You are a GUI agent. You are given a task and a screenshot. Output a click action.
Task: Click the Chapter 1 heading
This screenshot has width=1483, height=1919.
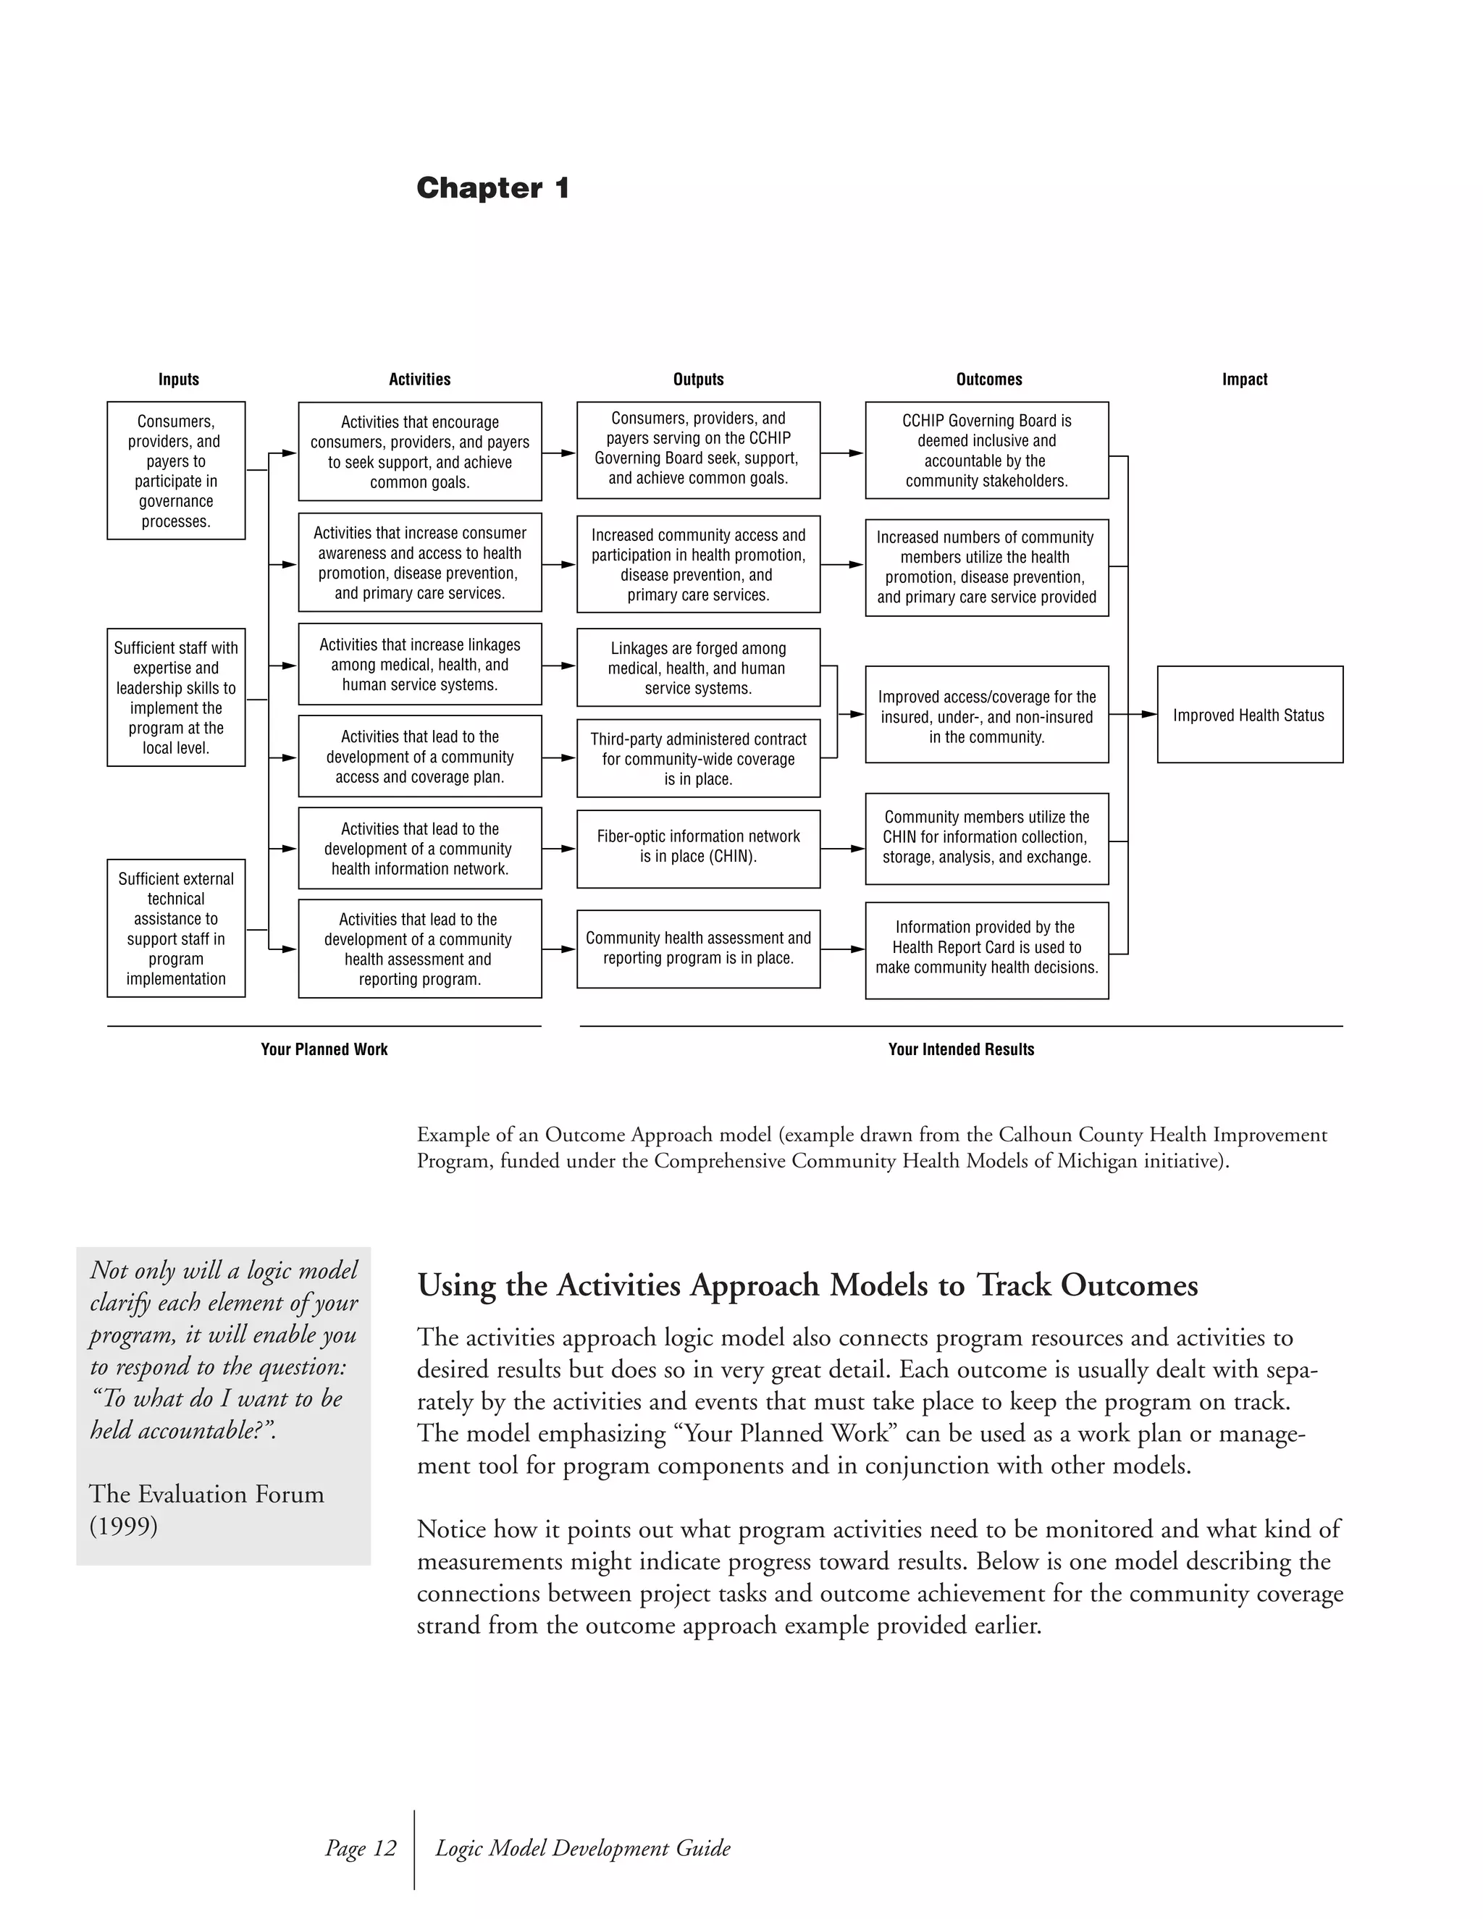click(x=493, y=188)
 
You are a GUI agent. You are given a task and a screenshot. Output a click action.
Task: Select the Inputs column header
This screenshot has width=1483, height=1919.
click(x=178, y=379)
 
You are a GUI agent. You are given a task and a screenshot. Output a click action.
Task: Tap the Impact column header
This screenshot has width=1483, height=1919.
click(x=1244, y=379)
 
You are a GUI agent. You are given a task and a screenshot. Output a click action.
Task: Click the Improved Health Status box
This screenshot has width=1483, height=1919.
click(x=1249, y=714)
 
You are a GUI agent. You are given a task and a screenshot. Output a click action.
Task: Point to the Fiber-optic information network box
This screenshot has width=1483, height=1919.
click(x=699, y=848)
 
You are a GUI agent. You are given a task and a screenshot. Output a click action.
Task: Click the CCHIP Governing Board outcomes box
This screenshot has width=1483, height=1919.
click(x=987, y=450)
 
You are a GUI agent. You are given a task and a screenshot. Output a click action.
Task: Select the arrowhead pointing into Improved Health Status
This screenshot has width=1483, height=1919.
click(x=1148, y=714)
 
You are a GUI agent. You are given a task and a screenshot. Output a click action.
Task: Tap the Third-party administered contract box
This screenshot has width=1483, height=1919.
click(x=699, y=758)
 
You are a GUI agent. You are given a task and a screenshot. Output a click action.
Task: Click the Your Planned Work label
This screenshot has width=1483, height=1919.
click(x=324, y=1049)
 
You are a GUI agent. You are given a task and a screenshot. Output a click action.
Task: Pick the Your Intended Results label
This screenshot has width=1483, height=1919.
click(x=961, y=1049)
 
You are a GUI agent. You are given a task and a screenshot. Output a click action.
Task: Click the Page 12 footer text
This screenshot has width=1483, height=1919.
click(x=360, y=1848)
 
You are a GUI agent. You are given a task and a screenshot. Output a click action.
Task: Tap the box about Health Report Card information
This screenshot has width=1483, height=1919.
click(x=987, y=950)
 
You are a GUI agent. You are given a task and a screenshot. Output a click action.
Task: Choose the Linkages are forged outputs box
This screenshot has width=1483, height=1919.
click(x=699, y=668)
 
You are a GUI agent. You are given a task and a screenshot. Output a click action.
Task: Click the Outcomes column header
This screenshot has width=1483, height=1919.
click(x=989, y=379)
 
